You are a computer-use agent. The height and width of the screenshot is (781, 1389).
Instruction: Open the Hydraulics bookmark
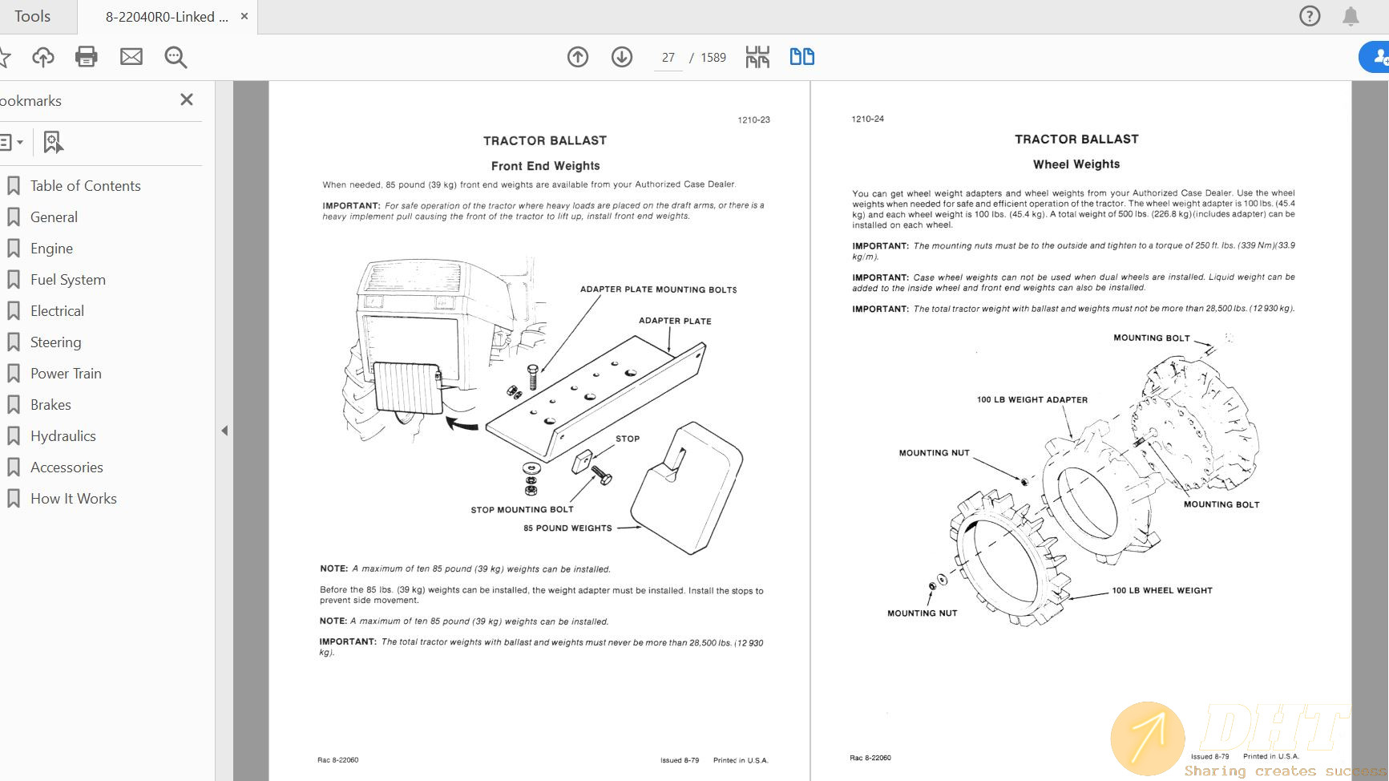point(63,436)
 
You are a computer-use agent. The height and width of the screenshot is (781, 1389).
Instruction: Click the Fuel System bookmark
point(67,280)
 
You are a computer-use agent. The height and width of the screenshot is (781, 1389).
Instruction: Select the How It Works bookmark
point(73,499)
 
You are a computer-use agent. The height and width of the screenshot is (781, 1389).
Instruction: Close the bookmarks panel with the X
point(187,99)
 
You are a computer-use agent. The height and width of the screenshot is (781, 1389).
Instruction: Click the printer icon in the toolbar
point(86,57)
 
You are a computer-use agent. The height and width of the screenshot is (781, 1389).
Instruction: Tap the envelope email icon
point(131,57)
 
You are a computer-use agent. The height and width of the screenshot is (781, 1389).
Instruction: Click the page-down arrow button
point(622,57)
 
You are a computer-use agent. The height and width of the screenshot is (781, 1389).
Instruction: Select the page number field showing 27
point(668,58)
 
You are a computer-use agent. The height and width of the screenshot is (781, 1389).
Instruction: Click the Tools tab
point(32,16)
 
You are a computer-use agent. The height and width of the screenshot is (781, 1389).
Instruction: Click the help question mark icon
point(1310,16)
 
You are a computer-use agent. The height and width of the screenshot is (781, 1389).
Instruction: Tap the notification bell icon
point(1351,16)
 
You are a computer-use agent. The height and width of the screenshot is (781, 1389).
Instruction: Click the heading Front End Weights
point(545,166)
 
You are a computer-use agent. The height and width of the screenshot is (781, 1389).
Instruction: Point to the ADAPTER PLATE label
point(675,321)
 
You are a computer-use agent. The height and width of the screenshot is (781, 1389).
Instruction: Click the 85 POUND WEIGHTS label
point(567,528)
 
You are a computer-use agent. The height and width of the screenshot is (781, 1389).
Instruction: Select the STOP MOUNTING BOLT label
point(522,510)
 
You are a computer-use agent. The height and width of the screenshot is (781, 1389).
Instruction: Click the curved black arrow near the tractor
point(462,423)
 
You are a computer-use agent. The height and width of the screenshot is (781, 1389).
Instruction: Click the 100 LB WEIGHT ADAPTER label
point(1032,399)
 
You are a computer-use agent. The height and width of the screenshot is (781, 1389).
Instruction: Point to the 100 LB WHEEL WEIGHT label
point(1161,590)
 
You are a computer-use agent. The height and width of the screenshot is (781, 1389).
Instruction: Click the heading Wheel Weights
point(1076,164)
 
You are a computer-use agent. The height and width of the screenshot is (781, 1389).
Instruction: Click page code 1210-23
point(753,120)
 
